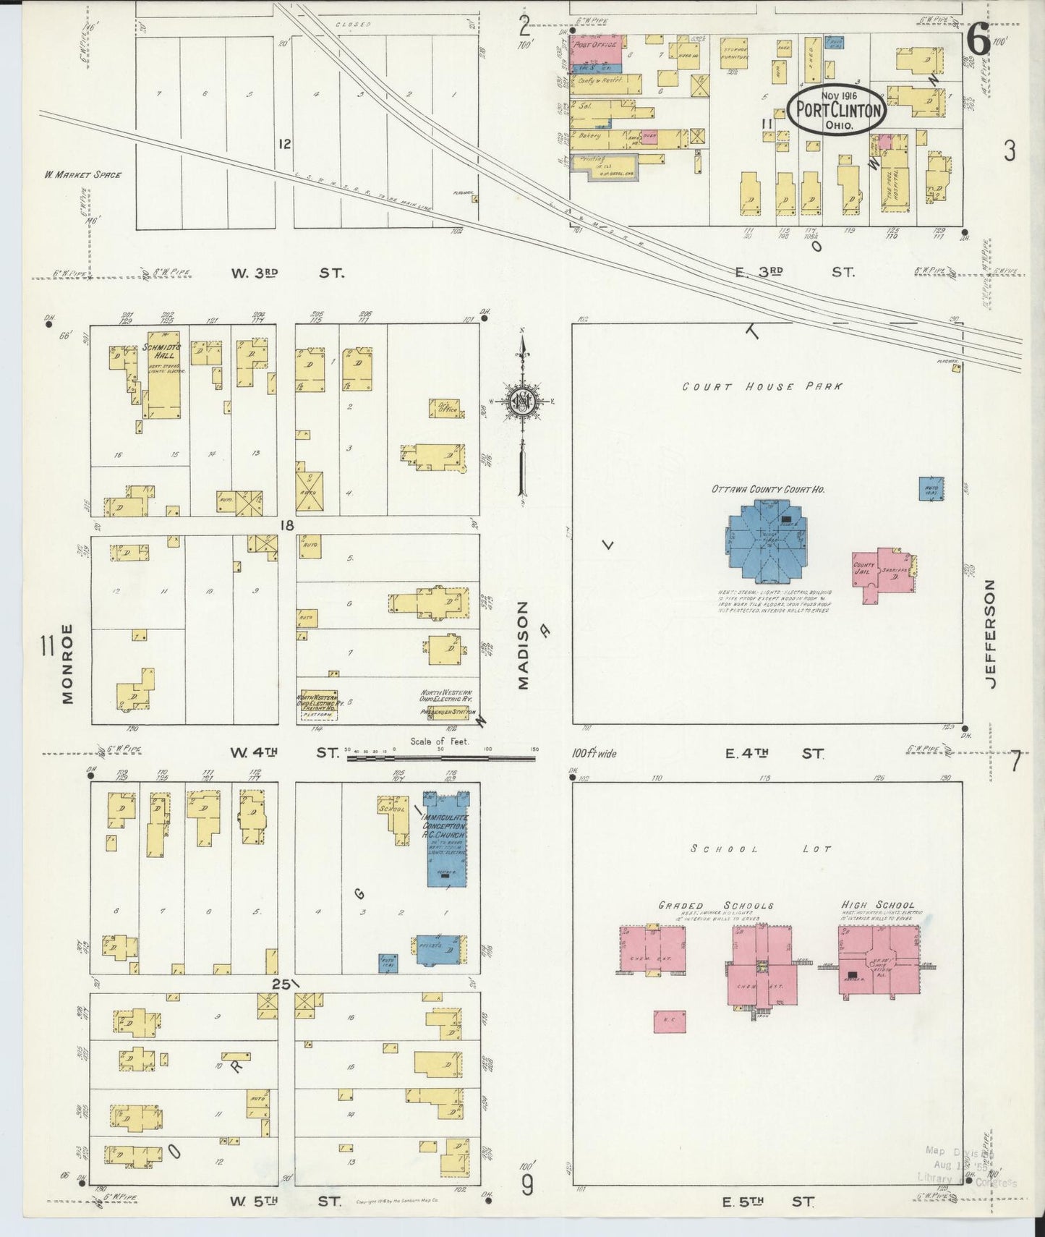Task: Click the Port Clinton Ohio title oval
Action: click(837, 110)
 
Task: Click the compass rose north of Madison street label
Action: click(522, 403)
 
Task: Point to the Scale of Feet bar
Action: click(440, 757)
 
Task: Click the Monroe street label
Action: click(67, 663)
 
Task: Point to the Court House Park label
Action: click(762, 386)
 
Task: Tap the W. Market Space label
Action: click(82, 174)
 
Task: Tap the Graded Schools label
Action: click(715, 905)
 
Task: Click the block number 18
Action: click(287, 524)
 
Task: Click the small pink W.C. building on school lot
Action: click(669, 1021)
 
